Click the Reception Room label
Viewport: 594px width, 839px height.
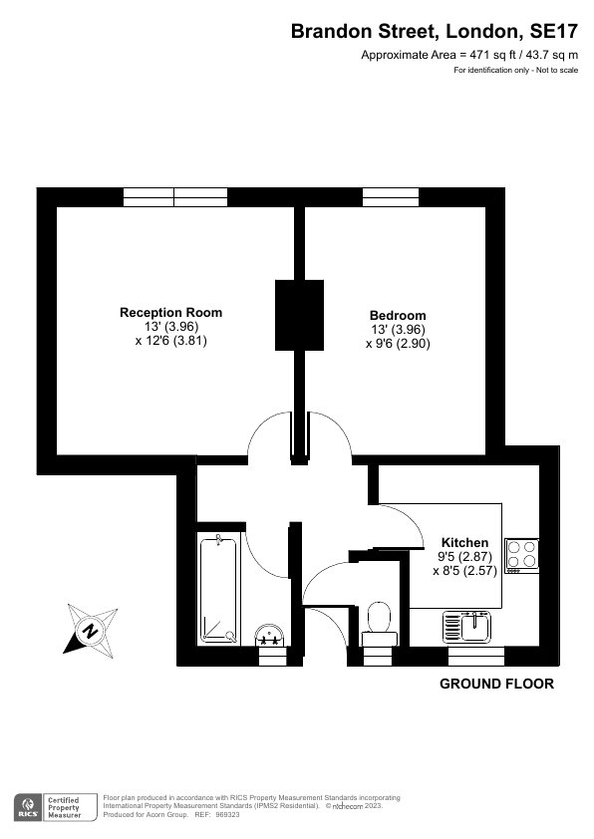(170, 313)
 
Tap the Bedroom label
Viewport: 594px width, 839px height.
(398, 315)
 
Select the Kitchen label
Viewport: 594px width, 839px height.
(464, 543)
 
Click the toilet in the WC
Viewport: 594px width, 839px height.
(380, 624)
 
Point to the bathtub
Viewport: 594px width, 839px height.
(218, 589)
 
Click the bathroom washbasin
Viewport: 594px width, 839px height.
(270, 635)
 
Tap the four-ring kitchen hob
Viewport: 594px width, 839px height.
(522, 555)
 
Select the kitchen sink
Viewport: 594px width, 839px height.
(466, 627)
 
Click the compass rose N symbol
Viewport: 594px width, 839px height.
(91, 631)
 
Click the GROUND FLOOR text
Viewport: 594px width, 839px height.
(496, 684)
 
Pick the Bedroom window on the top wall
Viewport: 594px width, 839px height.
(391, 197)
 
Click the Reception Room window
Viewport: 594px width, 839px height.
(175, 197)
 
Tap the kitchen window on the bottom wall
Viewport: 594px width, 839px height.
(476, 657)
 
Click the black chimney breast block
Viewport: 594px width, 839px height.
(299, 315)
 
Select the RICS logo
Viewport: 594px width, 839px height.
(28, 807)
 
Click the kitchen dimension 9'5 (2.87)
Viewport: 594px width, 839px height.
(465, 556)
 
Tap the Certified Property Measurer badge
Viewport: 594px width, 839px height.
(56, 807)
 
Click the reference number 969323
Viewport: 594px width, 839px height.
(227, 815)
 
